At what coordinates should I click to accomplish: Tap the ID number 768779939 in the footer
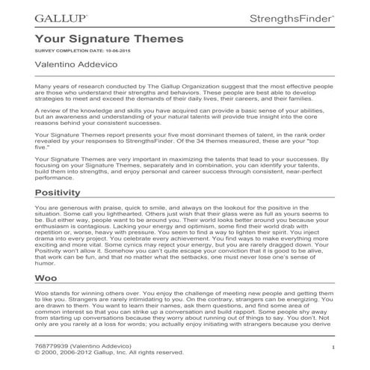tap(52, 346)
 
